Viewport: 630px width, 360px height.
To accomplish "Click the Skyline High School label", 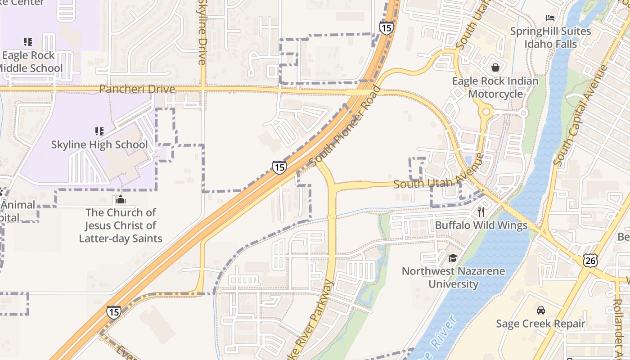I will (x=99, y=144).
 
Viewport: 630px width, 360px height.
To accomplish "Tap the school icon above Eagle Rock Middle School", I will (x=28, y=42).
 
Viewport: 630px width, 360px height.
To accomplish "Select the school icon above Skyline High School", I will (x=99, y=131).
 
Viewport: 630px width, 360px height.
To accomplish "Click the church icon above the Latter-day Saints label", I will (x=121, y=199).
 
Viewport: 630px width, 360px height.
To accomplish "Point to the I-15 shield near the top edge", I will (x=386, y=28).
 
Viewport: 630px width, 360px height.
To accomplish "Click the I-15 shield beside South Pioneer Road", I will (x=279, y=167).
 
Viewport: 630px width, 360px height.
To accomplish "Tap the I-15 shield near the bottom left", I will (x=114, y=311).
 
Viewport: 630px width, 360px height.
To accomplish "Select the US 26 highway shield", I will (x=590, y=260).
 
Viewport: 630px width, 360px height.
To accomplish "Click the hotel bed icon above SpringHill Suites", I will (x=550, y=18).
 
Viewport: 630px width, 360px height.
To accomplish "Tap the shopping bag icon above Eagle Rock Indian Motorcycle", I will (x=495, y=67).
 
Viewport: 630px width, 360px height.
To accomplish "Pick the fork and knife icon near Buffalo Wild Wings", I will (x=481, y=212).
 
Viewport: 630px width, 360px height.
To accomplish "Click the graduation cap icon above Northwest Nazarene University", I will (x=453, y=258).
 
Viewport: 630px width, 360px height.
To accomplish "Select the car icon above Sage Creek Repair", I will (x=540, y=310).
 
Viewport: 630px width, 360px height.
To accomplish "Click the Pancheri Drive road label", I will (x=137, y=89).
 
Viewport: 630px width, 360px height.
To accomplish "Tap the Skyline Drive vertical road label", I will (x=202, y=31).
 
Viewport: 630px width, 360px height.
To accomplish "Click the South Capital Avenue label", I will (x=580, y=115).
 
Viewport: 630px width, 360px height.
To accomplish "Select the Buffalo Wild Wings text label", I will (x=481, y=225).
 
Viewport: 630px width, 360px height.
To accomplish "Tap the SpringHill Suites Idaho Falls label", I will (x=550, y=37).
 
